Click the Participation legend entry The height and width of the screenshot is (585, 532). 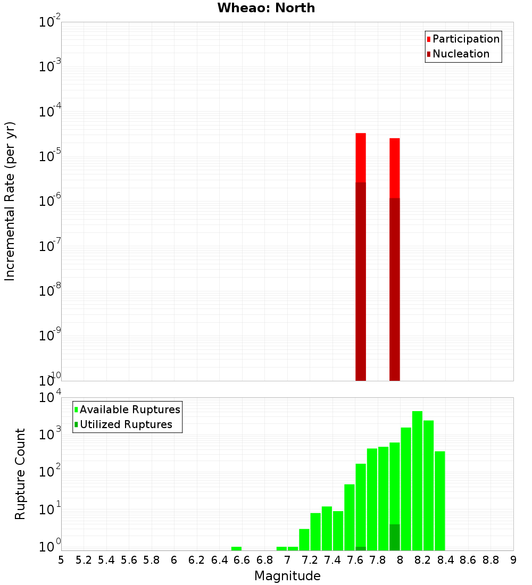coord(465,39)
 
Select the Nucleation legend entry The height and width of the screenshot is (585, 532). coord(460,54)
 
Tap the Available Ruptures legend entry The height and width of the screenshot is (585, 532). coord(129,410)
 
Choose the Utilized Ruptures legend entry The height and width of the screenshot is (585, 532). coord(125,424)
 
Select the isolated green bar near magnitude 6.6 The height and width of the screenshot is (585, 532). coord(236,548)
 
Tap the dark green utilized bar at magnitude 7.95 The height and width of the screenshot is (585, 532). coord(394,537)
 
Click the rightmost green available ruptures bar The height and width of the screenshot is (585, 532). coord(439,500)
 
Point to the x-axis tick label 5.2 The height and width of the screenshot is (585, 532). coord(84,560)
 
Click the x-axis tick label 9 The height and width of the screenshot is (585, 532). coord(513,560)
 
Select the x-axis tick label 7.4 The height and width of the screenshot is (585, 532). coord(332,560)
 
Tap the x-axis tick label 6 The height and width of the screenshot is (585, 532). coord(174,560)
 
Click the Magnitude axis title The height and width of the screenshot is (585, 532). coord(287,576)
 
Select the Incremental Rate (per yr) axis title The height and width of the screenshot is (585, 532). coord(10,201)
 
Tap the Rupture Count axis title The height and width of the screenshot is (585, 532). coord(20,473)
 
